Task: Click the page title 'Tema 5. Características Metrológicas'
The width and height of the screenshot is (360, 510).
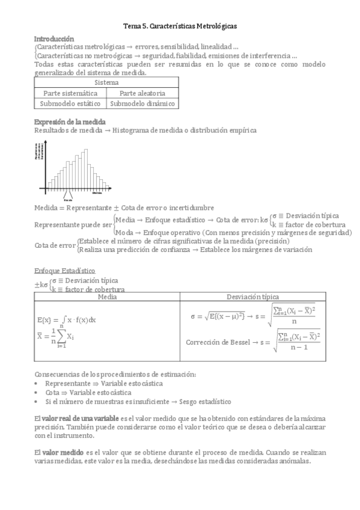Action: tap(180, 26)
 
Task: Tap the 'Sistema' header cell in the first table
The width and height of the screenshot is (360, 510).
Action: tap(106, 82)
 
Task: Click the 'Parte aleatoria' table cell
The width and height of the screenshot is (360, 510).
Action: tap(142, 93)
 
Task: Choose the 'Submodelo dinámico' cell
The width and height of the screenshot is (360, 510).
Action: tap(142, 103)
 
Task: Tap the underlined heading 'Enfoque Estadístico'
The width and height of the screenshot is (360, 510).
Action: tap(64, 271)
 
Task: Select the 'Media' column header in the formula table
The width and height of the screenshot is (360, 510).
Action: tap(107, 296)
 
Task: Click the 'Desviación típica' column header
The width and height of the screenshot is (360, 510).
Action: tap(252, 296)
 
